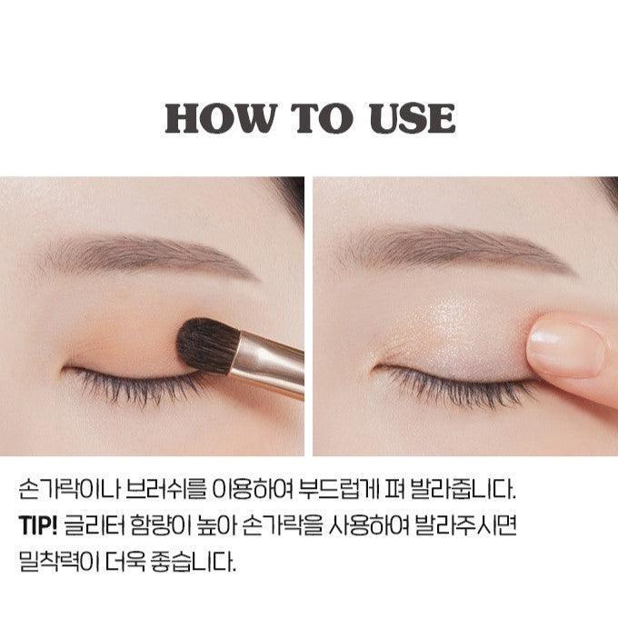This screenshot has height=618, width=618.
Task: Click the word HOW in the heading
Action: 220,118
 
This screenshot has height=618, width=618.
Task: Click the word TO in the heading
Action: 322,118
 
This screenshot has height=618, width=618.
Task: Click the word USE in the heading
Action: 413,118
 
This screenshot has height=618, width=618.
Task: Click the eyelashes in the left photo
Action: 134,386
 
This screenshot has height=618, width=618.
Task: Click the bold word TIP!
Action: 38,525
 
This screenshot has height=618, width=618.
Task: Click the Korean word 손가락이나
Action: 68,489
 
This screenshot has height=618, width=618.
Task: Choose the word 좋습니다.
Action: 193,561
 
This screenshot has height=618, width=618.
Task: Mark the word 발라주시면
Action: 465,525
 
